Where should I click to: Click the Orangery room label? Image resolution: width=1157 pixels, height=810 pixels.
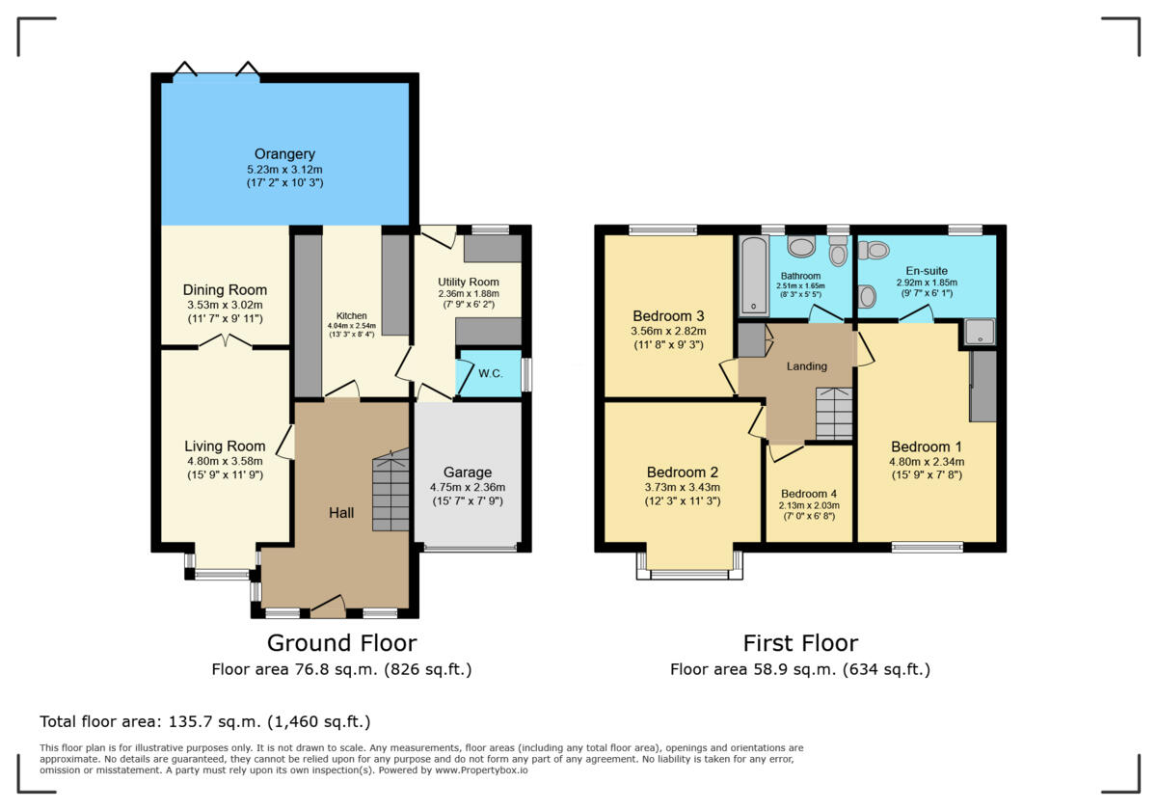(284, 154)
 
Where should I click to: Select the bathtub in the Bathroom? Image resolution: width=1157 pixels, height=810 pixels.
(752, 275)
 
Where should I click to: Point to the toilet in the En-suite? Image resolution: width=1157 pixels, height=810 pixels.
(875, 251)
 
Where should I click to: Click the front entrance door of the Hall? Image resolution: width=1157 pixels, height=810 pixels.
(328, 607)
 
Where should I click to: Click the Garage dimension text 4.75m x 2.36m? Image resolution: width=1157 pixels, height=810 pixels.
(468, 487)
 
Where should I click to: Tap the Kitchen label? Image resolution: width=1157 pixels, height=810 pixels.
(351, 315)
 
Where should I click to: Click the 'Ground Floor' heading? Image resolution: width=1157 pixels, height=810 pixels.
(341, 643)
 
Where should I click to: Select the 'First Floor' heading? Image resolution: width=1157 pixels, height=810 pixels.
(799, 643)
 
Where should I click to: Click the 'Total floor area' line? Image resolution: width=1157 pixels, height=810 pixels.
(204, 721)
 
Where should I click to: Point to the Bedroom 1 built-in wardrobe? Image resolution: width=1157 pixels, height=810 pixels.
(982, 386)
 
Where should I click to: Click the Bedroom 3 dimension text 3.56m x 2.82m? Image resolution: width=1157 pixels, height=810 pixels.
(668, 331)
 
